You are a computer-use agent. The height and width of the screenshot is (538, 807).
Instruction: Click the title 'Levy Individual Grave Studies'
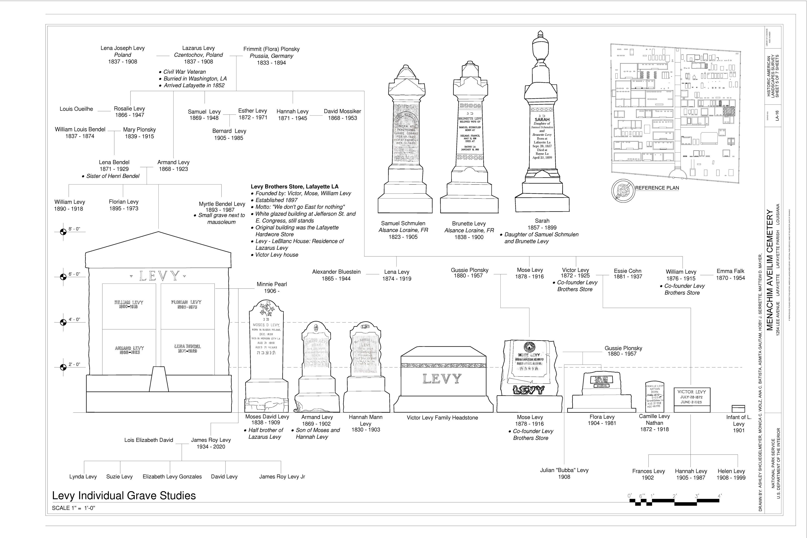(124, 496)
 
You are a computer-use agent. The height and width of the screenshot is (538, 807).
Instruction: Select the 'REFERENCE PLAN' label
(657, 188)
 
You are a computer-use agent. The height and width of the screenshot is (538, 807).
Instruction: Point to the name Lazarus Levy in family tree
(198, 48)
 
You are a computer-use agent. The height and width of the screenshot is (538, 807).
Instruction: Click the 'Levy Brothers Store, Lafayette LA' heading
(294, 187)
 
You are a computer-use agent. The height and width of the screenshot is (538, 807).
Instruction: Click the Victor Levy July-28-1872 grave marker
(691, 399)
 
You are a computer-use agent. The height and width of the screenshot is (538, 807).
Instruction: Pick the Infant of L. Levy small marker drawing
(738, 409)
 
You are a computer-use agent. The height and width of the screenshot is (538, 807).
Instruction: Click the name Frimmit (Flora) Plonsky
(271, 49)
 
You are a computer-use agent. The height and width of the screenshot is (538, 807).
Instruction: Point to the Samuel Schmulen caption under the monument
(403, 223)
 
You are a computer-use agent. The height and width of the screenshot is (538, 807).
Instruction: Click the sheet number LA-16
(777, 115)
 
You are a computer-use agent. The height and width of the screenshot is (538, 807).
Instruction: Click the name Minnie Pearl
(272, 284)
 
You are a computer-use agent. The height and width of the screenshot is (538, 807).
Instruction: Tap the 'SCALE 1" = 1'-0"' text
(73, 508)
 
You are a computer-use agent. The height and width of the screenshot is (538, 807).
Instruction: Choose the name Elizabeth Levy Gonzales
(172, 477)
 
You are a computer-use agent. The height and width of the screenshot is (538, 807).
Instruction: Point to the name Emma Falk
(730, 271)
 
